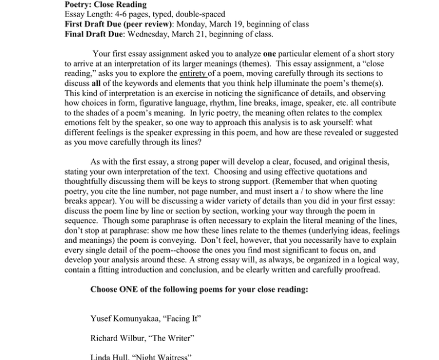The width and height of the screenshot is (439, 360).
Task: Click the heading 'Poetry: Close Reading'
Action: (x=106, y=5)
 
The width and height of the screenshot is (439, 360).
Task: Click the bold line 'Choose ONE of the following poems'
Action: (x=199, y=289)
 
